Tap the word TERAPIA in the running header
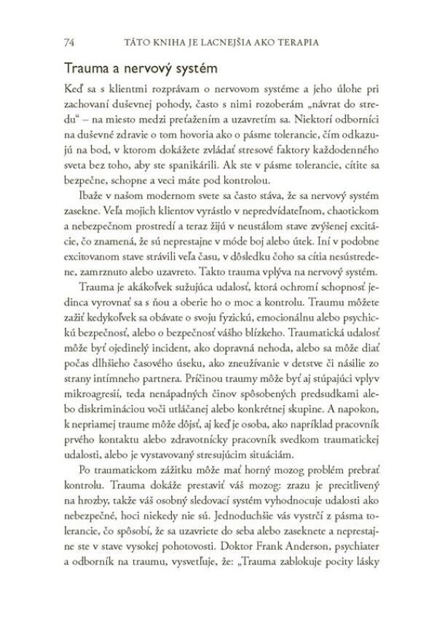(312, 42)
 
